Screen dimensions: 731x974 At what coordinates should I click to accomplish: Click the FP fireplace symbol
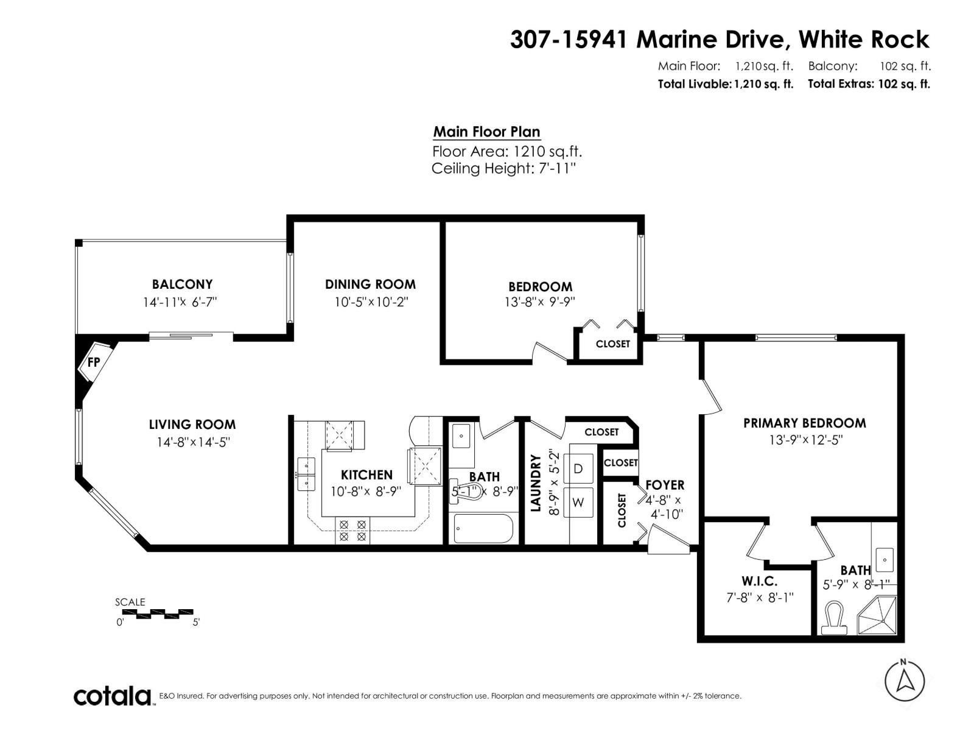pyautogui.click(x=94, y=362)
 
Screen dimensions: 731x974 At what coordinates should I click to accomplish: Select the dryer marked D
pyautogui.click(x=578, y=468)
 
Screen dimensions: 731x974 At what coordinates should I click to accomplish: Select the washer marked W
pyautogui.click(x=578, y=503)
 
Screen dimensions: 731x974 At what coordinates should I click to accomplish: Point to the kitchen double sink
pyautogui.click(x=306, y=474)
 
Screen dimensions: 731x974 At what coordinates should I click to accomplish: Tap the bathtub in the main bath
pyautogui.click(x=484, y=529)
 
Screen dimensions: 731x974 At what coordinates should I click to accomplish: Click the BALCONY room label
pyautogui.click(x=182, y=284)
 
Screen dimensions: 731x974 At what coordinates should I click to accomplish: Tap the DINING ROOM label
pyautogui.click(x=370, y=284)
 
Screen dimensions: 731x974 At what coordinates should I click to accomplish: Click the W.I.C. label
pyautogui.click(x=759, y=581)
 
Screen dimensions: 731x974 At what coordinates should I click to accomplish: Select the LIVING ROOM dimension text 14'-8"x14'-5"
pyautogui.click(x=192, y=442)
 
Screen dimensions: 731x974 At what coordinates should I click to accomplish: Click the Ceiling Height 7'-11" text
pyautogui.click(x=503, y=169)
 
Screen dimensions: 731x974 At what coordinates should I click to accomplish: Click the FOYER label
pyautogui.click(x=665, y=485)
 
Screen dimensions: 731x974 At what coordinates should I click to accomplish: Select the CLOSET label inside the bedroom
pyautogui.click(x=612, y=344)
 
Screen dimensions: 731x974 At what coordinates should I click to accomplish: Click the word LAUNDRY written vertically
pyautogui.click(x=536, y=482)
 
